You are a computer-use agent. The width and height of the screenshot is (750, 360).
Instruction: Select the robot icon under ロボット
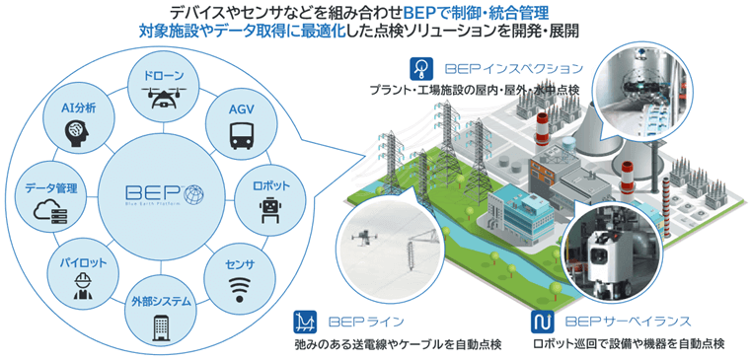click(269, 206)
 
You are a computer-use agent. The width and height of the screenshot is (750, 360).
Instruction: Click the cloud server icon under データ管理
click(48, 209)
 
